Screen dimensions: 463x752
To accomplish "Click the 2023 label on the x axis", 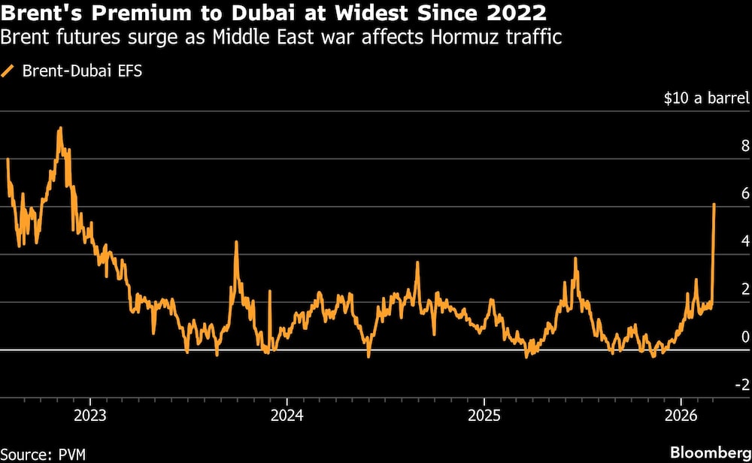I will [x=90, y=414].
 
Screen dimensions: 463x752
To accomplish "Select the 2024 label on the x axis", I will [x=287, y=414].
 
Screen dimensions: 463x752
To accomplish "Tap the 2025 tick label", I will [x=484, y=414].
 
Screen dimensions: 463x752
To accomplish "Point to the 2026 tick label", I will [x=681, y=414].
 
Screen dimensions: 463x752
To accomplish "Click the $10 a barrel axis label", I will [x=706, y=98].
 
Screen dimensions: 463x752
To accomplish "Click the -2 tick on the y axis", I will [x=741, y=384].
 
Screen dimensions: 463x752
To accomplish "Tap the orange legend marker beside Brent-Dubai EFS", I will [x=9, y=71].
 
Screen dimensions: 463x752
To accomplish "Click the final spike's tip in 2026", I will [x=714, y=204].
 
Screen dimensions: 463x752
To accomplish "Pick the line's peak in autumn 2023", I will [x=236, y=242].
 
